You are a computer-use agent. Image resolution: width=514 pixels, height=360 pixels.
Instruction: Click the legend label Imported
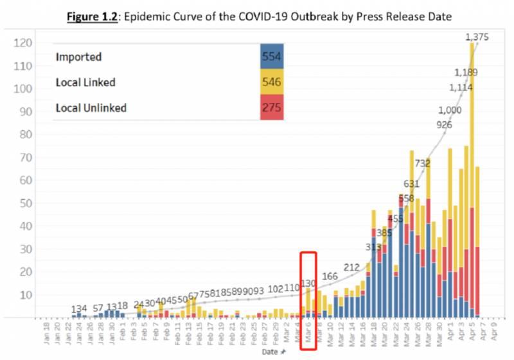pos(79,57)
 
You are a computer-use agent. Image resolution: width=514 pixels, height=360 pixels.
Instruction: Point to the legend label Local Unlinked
pos(91,107)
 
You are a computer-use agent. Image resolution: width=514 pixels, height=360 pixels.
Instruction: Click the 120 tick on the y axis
pos(24,43)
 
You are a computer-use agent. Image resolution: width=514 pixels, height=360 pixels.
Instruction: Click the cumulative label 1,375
pos(477,37)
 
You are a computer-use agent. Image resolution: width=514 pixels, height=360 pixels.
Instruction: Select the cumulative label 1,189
pos(466,72)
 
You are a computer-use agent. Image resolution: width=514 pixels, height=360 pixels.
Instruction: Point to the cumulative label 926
pos(444,124)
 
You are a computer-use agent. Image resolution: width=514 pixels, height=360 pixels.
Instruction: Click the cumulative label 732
pos(422,164)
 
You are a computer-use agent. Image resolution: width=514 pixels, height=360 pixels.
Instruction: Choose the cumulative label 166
pos(330,276)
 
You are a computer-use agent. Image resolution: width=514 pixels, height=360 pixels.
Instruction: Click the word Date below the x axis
pos(270,352)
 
